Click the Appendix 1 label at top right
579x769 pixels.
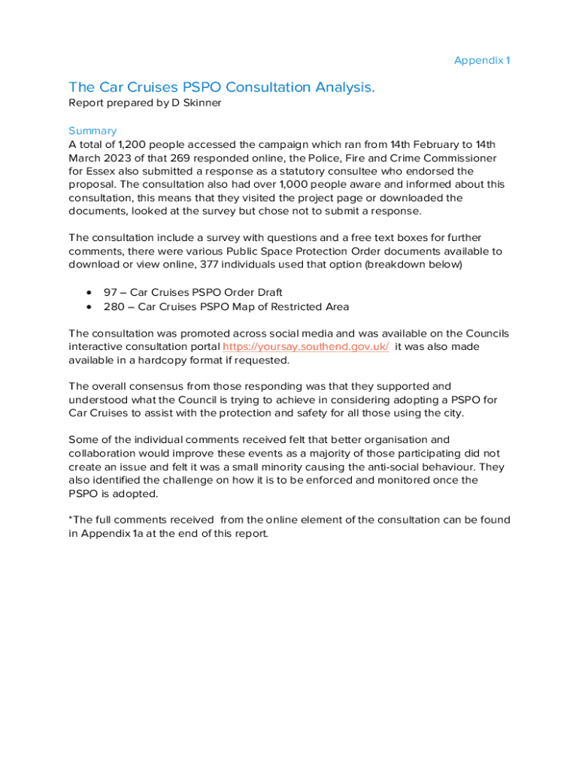tap(482, 60)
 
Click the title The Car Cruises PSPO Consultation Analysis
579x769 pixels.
tap(222, 88)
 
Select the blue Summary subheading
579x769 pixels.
tap(92, 131)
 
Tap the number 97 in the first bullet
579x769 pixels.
tap(111, 292)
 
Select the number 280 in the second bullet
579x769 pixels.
tap(114, 306)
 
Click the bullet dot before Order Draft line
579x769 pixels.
tap(90, 292)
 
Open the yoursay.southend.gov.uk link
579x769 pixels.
tap(306, 347)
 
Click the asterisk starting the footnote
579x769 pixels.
tap(71, 519)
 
